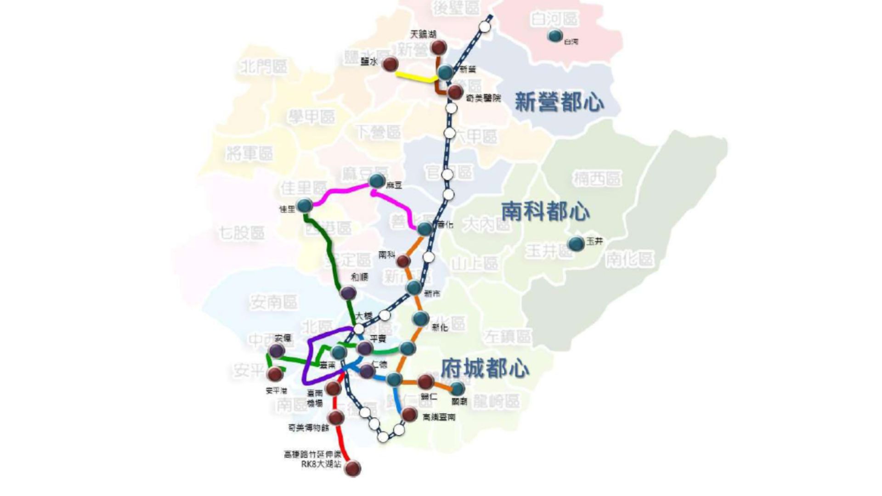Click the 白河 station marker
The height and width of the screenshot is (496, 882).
coord(555,36)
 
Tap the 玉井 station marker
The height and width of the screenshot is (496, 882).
coord(576,243)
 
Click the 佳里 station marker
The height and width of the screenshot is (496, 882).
coord(305,206)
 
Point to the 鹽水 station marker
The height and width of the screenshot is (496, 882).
coord(390,64)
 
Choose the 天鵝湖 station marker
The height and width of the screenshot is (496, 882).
coord(439,47)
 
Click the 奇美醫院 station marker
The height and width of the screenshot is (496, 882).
coord(455,92)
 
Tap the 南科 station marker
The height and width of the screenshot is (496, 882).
coord(403,261)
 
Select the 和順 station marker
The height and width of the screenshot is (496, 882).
coord(348,293)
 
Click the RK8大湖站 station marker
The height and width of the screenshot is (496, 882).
coord(353,468)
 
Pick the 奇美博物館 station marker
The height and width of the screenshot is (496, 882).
coord(336,417)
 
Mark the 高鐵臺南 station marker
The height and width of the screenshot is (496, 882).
coord(409,414)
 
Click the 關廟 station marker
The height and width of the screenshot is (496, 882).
coord(458,389)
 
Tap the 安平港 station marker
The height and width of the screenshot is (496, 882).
coord(275,374)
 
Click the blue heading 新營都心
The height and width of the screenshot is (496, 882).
coord(559,101)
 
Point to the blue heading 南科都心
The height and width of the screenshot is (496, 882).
coord(545,211)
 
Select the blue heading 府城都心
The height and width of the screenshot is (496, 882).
coord(485,368)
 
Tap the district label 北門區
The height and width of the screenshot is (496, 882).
coord(264,67)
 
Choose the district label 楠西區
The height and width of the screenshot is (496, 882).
coord(597,178)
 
